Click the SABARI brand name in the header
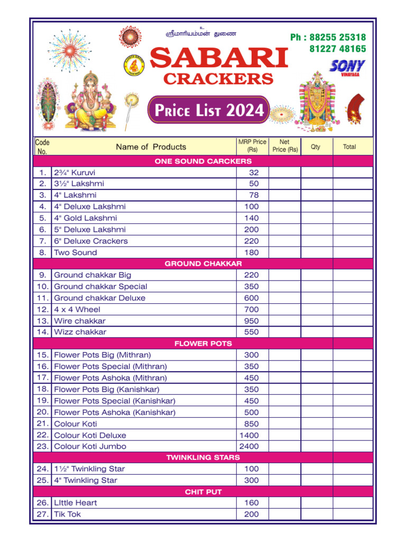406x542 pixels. (219, 58)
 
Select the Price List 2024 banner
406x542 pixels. (208, 110)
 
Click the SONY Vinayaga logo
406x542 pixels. (347, 67)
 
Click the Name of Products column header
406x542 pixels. (151, 147)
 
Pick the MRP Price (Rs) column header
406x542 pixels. (252, 146)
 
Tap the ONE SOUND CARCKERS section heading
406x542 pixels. (203, 161)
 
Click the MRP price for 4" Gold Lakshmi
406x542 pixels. (252, 218)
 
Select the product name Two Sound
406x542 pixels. (76, 252)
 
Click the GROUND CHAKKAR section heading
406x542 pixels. (203, 264)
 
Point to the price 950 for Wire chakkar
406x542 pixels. (252, 321)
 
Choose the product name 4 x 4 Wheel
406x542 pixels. (77, 309)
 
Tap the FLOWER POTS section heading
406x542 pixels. (203, 344)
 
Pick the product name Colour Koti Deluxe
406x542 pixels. (90, 435)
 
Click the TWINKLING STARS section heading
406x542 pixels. (203, 457)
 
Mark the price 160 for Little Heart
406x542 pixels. (252, 503)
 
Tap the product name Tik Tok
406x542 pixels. (68, 514)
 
